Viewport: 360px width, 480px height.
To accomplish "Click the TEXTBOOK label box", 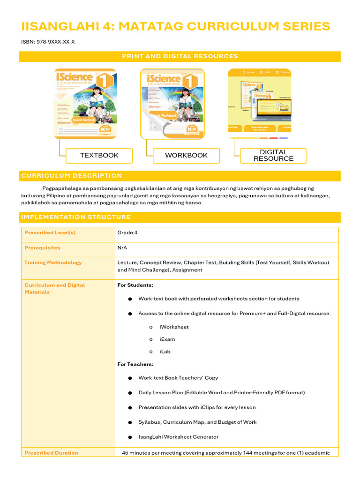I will (99, 156).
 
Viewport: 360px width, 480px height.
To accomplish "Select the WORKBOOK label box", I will (186, 156).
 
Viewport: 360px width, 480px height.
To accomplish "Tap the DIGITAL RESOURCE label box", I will (273, 156).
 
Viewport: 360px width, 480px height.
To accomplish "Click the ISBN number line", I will (48, 42).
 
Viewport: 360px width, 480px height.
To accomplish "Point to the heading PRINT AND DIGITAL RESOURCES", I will (180, 56).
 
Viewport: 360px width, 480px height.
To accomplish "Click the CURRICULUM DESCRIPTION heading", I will (72, 176).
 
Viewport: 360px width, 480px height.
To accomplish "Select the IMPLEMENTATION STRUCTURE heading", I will (76, 217).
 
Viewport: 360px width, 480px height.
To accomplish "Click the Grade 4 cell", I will (127, 232).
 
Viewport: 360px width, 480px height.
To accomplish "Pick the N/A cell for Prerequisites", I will (122, 247).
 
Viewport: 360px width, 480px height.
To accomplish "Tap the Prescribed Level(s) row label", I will (50, 232).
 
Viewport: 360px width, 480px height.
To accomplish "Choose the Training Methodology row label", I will (53, 262).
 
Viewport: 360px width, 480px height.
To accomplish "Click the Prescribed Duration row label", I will (51, 453).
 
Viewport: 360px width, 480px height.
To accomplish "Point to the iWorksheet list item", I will (174, 327).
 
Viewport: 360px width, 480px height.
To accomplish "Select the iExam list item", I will (167, 339).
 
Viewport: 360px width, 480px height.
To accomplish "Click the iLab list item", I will (165, 352).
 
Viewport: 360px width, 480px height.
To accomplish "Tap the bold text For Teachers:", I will (135, 364).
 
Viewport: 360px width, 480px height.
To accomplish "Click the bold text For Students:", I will (135, 285).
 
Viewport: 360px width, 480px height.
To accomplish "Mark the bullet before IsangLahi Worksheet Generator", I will (129, 437).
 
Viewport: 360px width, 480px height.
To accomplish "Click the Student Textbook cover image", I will (85, 104).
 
